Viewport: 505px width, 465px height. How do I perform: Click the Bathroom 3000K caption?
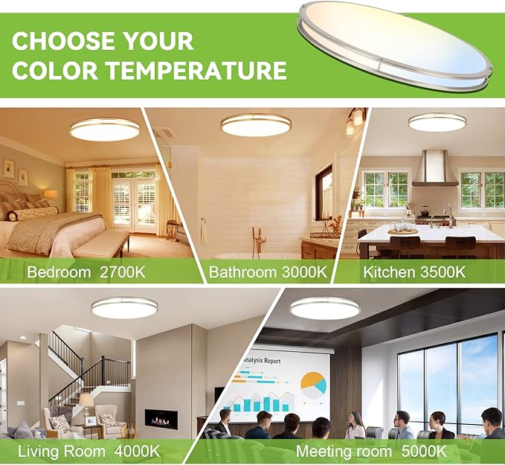[268, 272]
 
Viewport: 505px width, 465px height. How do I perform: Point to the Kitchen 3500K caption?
[414, 272]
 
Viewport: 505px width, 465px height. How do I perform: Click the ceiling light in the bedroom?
[104, 129]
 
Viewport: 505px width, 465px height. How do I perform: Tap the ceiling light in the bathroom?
[255, 124]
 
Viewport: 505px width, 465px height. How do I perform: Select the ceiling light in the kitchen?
[436, 121]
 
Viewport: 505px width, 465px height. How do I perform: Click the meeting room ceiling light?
[324, 307]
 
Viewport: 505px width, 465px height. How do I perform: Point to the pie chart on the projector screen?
[312, 384]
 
